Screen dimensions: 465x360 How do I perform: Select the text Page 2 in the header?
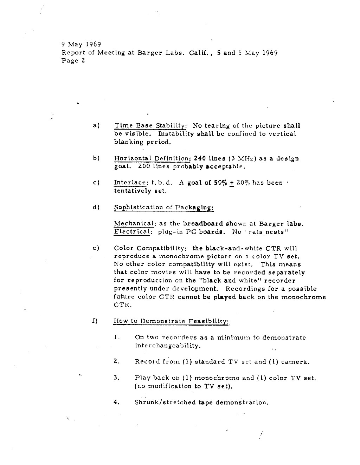click(73, 61)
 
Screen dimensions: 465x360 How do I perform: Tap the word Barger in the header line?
click(149, 53)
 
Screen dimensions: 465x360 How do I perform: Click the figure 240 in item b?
click(200, 158)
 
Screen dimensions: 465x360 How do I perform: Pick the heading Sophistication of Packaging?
click(164, 207)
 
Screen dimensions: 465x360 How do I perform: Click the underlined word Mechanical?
click(135, 224)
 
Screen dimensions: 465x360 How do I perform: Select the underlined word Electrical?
click(133, 232)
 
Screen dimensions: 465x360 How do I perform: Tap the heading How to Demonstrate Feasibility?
click(171, 321)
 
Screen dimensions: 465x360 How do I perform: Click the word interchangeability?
click(168, 346)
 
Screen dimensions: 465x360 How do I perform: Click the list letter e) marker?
click(96, 248)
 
